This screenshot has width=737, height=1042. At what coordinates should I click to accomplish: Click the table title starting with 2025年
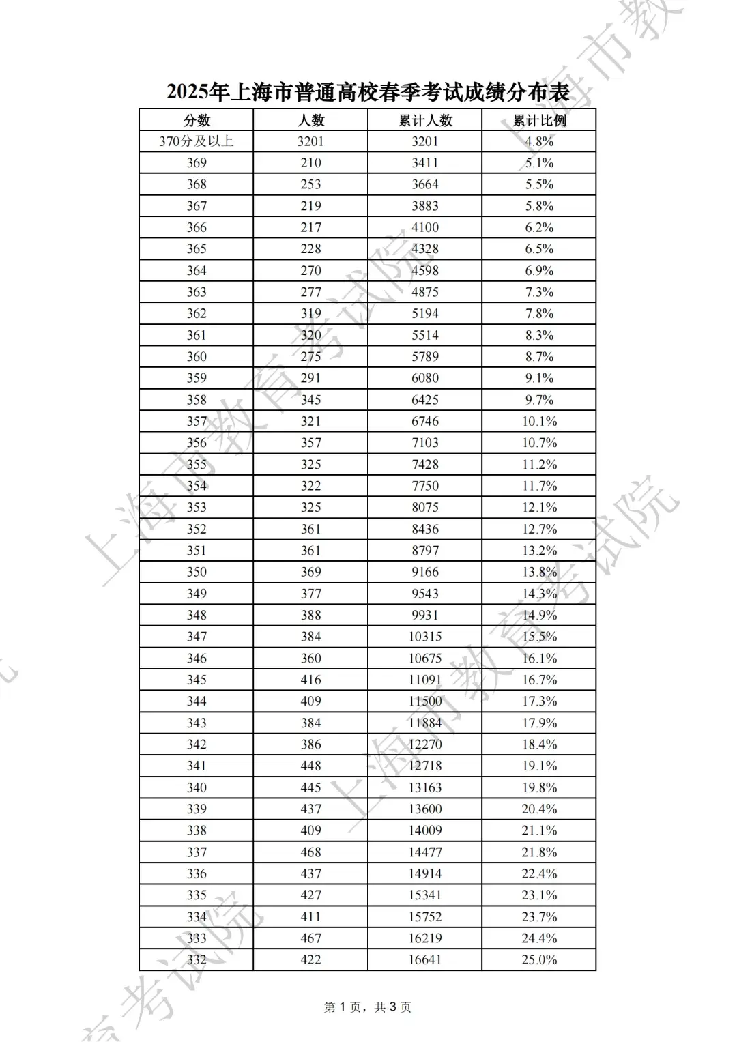coord(368,92)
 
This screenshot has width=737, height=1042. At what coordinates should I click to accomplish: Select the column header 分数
coord(197,120)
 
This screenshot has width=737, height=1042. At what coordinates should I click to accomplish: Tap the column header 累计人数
coord(425,120)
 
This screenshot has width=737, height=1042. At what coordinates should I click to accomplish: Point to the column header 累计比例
coord(539,120)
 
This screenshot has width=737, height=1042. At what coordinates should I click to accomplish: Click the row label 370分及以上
coord(197,141)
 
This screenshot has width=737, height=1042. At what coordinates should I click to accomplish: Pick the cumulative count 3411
coord(425,163)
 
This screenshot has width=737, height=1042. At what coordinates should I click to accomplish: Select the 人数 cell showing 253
coord(310,184)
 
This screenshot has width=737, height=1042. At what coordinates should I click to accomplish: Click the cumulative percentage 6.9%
coord(539,270)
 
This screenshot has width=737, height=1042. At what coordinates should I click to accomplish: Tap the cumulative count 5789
coord(425,356)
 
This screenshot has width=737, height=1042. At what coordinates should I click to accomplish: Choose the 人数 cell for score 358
coord(310,400)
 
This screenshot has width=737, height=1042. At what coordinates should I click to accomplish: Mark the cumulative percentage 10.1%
coord(539,421)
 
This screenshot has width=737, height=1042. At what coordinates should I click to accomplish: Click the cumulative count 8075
coord(425,507)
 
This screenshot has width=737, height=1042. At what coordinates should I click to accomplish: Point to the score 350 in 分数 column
coord(197,572)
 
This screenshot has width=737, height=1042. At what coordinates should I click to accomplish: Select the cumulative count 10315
coord(425,637)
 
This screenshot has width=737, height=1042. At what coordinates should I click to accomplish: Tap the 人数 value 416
coord(310,680)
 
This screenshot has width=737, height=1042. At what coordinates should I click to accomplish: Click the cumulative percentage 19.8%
coord(539,787)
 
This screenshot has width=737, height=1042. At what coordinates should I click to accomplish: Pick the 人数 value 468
coord(310,852)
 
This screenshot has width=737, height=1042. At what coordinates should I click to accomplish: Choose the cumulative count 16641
coord(425,959)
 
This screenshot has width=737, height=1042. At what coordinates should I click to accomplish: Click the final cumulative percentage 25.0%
coord(539,959)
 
